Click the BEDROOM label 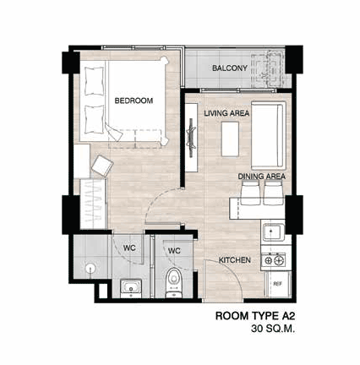tap(134, 101)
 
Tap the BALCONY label tap(230, 68)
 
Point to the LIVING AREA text tap(226, 113)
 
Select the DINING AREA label tap(262, 177)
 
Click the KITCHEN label tap(235, 260)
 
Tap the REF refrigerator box tap(278, 284)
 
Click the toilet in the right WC tap(173, 282)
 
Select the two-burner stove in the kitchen tap(274, 260)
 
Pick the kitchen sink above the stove tap(273, 232)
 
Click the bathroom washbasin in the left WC tap(131, 287)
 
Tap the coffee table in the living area tap(230, 139)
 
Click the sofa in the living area tap(269, 135)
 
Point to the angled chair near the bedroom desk tap(101, 166)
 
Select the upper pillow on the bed tap(94, 81)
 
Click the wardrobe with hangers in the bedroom tap(93, 204)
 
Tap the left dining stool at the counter tap(250, 193)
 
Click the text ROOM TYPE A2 tap(255, 316)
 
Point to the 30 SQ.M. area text tap(273, 329)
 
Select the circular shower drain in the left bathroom tap(90, 268)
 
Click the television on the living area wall tap(191, 138)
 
